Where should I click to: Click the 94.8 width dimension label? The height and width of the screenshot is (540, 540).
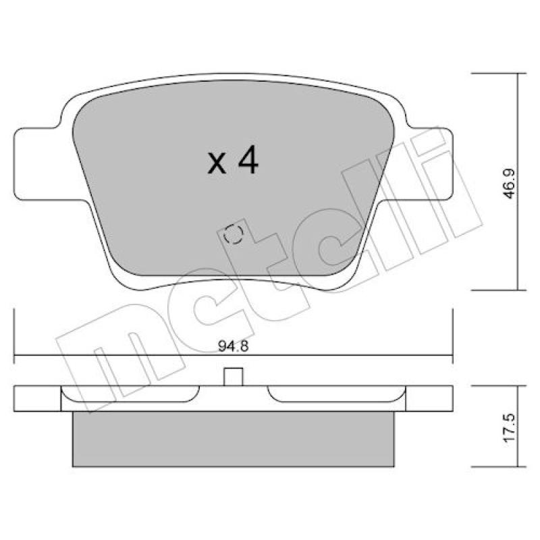click(233, 346)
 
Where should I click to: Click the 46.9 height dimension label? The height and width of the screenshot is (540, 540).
click(509, 183)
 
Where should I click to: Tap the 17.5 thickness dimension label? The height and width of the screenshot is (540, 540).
click(509, 427)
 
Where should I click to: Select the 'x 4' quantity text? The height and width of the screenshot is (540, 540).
click(233, 160)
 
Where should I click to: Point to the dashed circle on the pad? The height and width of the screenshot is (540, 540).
click(233, 234)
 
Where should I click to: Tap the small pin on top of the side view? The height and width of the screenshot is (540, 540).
click(233, 377)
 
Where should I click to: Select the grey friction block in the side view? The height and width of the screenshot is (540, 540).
click(233, 439)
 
